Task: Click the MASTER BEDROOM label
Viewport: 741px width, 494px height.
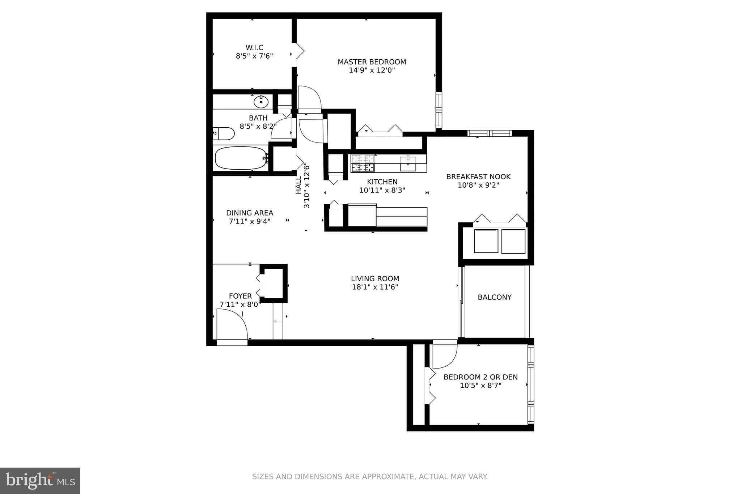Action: tap(372, 62)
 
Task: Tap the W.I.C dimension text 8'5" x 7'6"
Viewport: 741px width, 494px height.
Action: tap(254, 56)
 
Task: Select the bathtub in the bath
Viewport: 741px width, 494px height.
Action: tap(241, 158)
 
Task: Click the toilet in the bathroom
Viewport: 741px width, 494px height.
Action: tap(224, 133)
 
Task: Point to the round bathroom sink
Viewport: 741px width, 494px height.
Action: tap(261, 102)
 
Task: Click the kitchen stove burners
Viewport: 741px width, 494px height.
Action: tap(363, 163)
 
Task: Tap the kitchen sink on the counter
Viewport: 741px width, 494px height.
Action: tap(408, 163)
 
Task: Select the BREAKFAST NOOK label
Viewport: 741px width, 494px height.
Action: tap(478, 176)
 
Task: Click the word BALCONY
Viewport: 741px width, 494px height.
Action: tap(494, 297)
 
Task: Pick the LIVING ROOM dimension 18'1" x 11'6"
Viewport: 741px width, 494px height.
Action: tap(375, 287)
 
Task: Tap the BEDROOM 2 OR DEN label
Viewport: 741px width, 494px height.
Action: tap(480, 377)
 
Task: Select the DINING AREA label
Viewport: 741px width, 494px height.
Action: tap(249, 213)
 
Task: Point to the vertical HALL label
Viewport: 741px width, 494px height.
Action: tap(298, 185)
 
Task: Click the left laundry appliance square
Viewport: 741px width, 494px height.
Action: tap(486, 241)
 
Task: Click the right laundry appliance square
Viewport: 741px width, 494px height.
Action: tap(513, 241)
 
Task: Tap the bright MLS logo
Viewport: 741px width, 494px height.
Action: tap(40, 481)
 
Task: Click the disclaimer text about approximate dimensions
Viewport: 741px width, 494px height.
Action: tap(370, 477)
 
